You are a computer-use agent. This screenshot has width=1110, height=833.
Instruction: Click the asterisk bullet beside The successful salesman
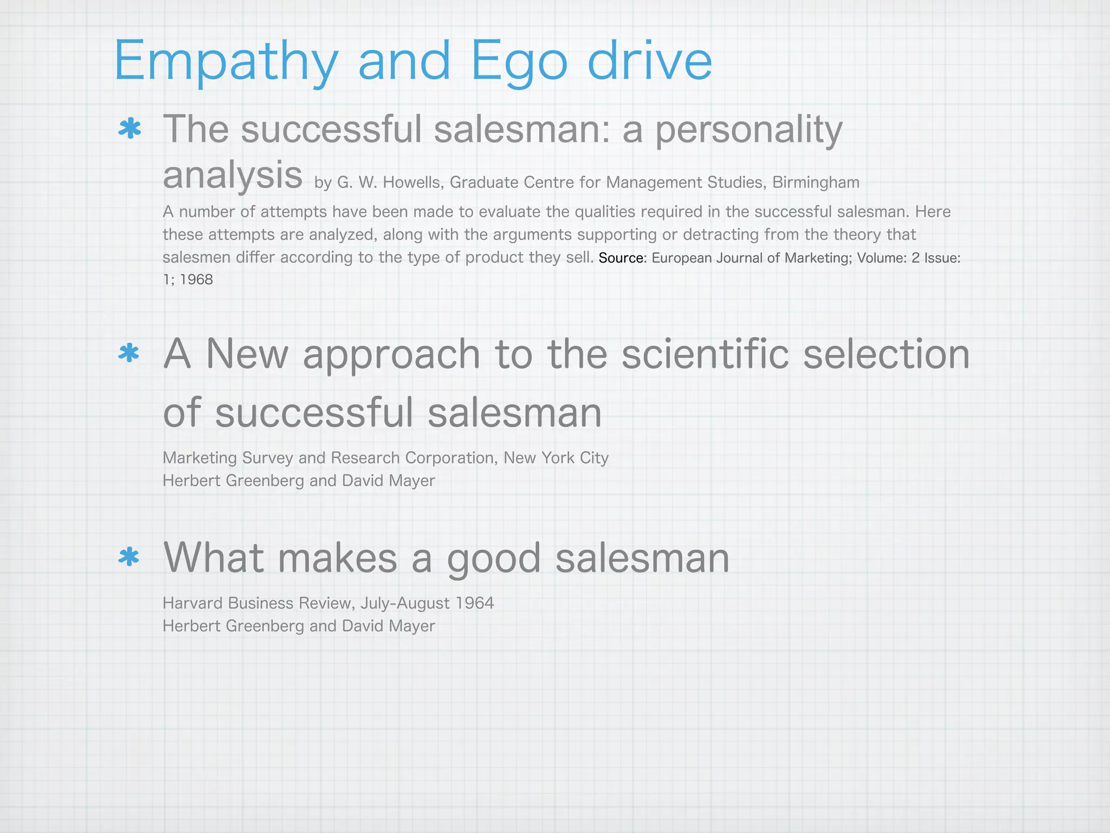click(x=130, y=130)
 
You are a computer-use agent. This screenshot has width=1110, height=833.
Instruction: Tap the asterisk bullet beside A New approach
click(x=129, y=354)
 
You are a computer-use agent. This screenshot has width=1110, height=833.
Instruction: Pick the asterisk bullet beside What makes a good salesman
click(x=129, y=558)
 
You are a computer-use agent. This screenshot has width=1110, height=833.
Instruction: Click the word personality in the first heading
click(x=749, y=131)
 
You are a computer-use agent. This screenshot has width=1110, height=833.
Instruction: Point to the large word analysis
click(x=233, y=175)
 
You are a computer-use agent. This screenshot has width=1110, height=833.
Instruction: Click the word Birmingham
click(x=816, y=183)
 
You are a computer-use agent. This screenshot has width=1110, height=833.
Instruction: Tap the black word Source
click(x=621, y=258)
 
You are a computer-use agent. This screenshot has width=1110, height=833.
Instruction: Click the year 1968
click(x=196, y=280)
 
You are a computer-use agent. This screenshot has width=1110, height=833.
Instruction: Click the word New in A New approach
click(x=247, y=354)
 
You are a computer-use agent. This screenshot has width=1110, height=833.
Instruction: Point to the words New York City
click(x=556, y=458)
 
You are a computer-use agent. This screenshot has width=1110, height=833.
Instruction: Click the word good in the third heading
click(x=493, y=559)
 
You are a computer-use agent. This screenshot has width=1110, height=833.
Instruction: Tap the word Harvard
click(x=193, y=603)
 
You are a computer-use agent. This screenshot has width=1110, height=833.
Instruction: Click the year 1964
click(x=475, y=603)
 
